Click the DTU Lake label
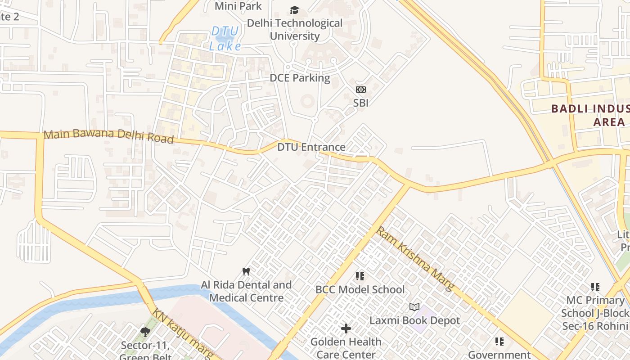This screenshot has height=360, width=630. pyautogui.click(x=225, y=38)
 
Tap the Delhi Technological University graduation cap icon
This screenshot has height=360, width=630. pyautogui.click(x=294, y=10)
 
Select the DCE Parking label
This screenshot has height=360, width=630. pyautogui.click(x=300, y=78)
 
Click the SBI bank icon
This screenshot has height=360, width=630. pyautogui.click(x=361, y=90)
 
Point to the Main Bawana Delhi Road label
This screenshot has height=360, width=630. pyautogui.click(x=108, y=136)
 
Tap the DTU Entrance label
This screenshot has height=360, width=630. pyautogui.click(x=311, y=147)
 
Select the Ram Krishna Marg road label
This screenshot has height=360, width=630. pyautogui.click(x=414, y=259)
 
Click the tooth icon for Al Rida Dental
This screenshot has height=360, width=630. pyautogui.click(x=246, y=271)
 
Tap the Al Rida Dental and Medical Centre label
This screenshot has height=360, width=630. pyautogui.click(x=246, y=291)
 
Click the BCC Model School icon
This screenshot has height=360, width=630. pyautogui.click(x=360, y=276)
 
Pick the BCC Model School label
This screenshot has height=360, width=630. pyautogui.click(x=360, y=289)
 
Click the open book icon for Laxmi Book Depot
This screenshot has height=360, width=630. pyautogui.click(x=414, y=307)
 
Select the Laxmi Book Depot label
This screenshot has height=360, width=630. pyautogui.click(x=414, y=320)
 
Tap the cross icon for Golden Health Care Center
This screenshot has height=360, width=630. pyautogui.click(x=346, y=328)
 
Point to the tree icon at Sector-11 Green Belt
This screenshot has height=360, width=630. pyautogui.click(x=145, y=332)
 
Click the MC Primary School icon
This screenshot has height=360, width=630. pyautogui.click(x=595, y=287)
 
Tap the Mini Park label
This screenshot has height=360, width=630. pyautogui.click(x=238, y=6)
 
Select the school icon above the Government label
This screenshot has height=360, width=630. pyautogui.click(x=499, y=342)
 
